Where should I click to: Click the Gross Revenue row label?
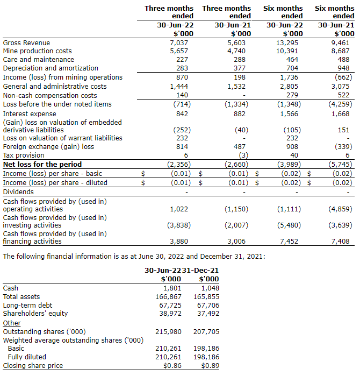point(26,42)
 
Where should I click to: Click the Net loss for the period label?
point(42,165)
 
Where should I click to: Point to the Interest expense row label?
point(30,114)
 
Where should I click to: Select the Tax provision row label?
point(24,155)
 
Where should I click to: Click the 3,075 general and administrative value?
point(343,86)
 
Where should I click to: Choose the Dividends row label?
point(18,191)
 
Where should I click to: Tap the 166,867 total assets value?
point(168,296)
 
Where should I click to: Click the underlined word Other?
point(12,323)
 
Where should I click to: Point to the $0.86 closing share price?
point(172,366)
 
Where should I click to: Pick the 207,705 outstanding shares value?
point(206,331)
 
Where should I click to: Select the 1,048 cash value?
point(209,288)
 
